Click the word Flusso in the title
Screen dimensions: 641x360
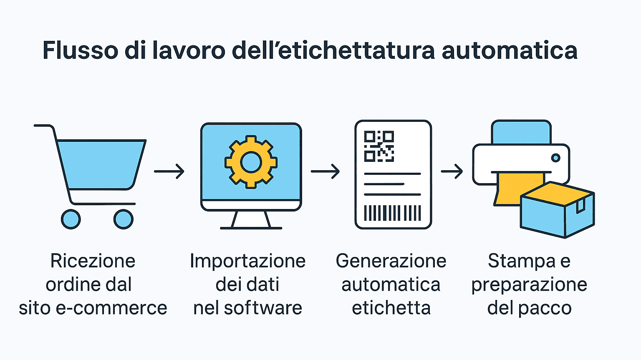click(x=81, y=50)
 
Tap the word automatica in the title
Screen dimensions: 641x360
click(x=510, y=50)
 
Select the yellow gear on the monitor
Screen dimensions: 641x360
click(x=251, y=162)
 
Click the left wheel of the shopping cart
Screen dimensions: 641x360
click(x=71, y=219)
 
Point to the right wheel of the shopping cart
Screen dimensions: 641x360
click(x=124, y=219)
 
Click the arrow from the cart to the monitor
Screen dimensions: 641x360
click(x=169, y=171)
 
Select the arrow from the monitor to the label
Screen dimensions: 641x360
click(x=326, y=171)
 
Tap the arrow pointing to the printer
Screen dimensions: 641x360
click(x=452, y=171)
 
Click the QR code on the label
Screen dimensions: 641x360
click(x=379, y=146)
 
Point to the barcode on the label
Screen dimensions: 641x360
click(x=392, y=213)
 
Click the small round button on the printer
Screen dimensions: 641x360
click(x=556, y=158)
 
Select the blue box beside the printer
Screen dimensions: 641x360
click(x=557, y=209)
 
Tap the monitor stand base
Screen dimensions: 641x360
click(x=251, y=228)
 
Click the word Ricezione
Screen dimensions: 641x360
click(x=93, y=261)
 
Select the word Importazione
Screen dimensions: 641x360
click(x=248, y=261)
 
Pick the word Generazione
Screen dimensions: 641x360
click(x=391, y=261)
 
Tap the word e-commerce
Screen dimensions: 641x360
click(x=111, y=308)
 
